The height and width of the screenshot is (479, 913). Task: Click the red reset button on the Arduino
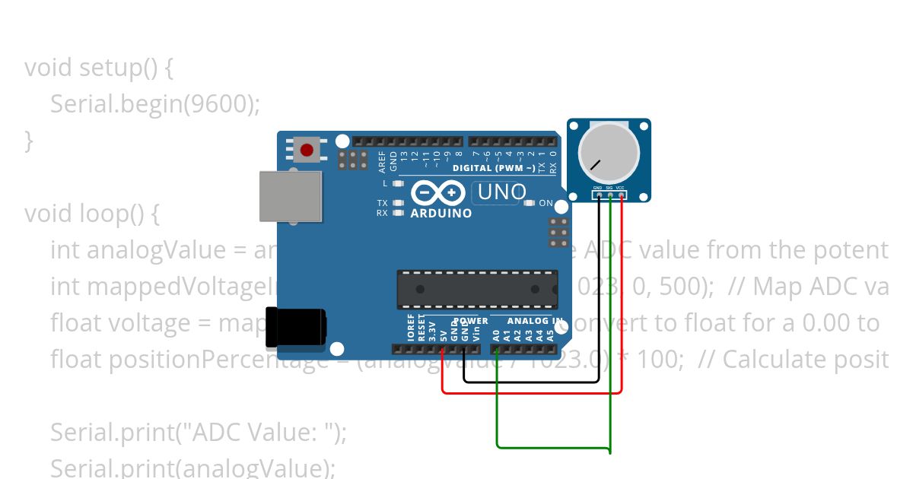pyautogui.click(x=307, y=150)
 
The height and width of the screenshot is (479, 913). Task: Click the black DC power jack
pyautogui.click(x=298, y=328)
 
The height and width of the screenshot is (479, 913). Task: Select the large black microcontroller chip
pyautogui.click(x=476, y=289)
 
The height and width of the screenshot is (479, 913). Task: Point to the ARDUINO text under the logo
pyautogui.click(x=441, y=214)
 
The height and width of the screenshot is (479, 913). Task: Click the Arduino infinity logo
pyautogui.click(x=438, y=193)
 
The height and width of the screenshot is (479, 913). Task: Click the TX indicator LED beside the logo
pyautogui.click(x=397, y=203)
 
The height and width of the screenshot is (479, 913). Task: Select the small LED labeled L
pyautogui.click(x=397, y=184)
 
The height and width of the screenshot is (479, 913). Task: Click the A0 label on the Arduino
pyautogui.click(x=496, y=333)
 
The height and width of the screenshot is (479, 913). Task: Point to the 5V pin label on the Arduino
pyautogui.click(x=443, y=333)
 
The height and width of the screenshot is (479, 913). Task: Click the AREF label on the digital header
pyautogui.click(x=383, y=161)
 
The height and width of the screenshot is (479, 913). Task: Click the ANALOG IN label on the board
pyautogui.click(x=535, y=322)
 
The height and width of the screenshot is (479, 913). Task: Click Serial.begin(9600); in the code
pyautogui.click(x=155, y=104)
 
